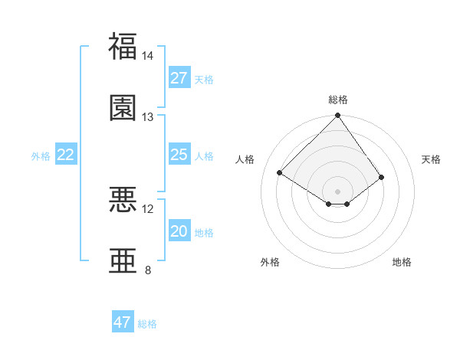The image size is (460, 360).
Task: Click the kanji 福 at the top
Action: (123, 46)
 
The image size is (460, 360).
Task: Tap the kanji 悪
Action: (123, 199)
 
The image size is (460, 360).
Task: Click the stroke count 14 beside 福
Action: (148, 56)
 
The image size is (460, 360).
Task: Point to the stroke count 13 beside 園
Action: (148, 117)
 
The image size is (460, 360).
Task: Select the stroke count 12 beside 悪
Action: (148, 208)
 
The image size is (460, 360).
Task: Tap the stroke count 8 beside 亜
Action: (148, 270)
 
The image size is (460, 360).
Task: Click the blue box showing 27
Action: (179, 78)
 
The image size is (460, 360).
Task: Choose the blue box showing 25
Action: (179, 155)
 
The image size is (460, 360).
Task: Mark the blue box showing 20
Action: (179, 231)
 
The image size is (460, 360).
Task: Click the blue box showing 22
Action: (66, 155)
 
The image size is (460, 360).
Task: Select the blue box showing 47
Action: (123, 322)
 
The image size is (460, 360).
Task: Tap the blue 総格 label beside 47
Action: (147, 324)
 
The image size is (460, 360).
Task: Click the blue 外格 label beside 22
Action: (41, 156)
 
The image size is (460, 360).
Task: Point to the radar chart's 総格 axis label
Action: (338, 100)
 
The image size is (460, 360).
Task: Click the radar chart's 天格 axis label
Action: (432, 159)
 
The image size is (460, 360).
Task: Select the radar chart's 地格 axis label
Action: (402, 262)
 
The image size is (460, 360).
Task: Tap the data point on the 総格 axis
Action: (338, 116)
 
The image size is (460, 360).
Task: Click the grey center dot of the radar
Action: (338, 191)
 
